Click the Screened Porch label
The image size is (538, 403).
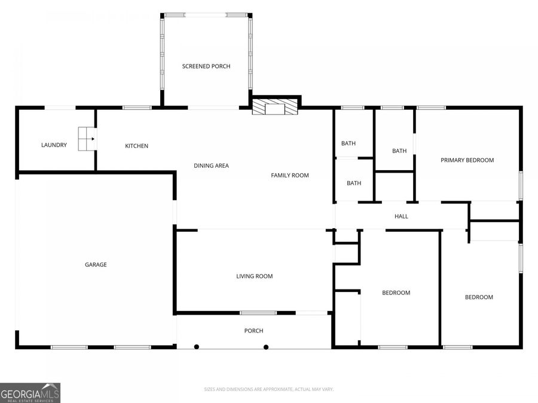206,66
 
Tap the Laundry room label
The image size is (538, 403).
54,145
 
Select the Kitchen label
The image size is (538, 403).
136,146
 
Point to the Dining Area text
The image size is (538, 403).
211,165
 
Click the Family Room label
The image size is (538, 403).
290,175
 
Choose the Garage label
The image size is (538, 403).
96,264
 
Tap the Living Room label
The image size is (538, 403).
255,276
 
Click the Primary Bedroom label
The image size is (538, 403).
467,160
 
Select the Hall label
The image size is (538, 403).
401,216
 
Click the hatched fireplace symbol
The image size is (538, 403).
275,107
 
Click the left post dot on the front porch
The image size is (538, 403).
195,346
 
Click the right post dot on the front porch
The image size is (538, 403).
266,346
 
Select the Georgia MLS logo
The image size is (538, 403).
30,393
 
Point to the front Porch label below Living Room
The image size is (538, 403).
253,331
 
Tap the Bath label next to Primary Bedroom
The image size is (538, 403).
399,151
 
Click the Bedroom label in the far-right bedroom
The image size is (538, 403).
479,297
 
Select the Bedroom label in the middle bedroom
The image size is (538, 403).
396,293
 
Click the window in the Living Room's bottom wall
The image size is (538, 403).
258,312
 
